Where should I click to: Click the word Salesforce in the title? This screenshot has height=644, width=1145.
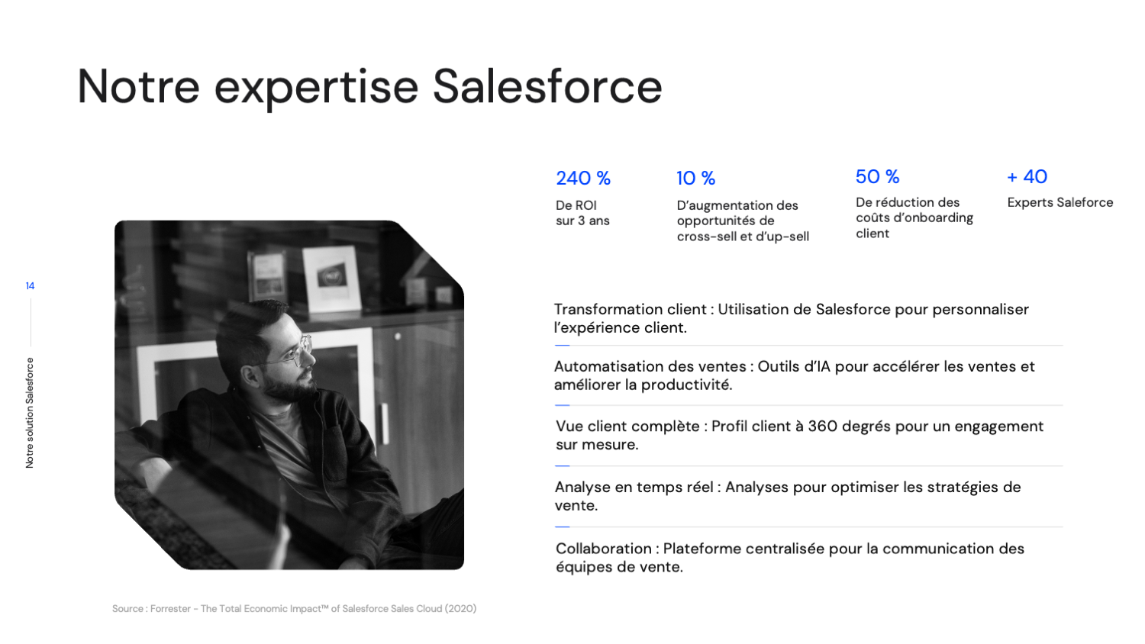coord(547,86)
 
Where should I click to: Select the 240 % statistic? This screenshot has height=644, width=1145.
coord(582,179)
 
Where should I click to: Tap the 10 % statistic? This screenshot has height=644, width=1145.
coord(695,179)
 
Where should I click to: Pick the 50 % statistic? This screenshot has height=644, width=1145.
coord(877,177)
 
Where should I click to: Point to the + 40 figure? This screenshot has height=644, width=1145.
coord(1027,177)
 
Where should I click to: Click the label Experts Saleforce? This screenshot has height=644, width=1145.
coord(1060,202)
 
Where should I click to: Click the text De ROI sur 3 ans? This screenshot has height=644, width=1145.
coord(582,213)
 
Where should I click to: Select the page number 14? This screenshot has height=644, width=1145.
coord(30,286)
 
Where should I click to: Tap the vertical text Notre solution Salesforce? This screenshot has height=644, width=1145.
coord(30,412)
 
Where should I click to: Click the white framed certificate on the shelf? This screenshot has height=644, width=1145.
coord(331,278)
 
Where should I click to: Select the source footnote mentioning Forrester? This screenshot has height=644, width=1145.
coord(294,609)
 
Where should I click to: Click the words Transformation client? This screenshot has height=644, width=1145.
coord(630,309)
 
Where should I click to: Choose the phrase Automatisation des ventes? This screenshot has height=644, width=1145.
coord(650,366)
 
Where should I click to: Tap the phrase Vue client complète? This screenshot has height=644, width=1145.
coord(627,427)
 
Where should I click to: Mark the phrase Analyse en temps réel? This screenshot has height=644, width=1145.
coord(634,487)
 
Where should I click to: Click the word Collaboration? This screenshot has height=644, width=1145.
coord(603,549)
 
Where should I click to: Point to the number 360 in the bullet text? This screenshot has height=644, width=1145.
coord(822,427)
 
